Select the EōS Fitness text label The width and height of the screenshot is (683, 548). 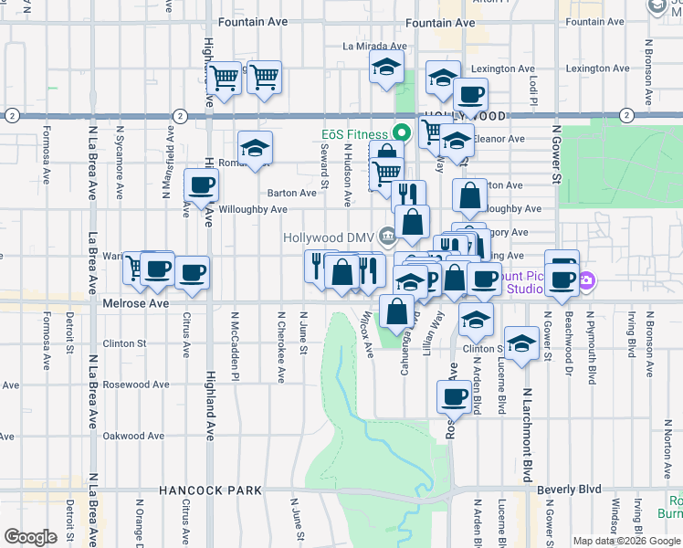point(354,134)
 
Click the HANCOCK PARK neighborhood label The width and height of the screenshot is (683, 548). point(210,490)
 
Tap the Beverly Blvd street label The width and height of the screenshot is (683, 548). point(569,490)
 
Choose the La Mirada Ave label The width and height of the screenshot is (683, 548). point(374,46)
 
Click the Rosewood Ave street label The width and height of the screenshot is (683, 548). point(136,385)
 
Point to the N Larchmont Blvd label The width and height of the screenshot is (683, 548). point(527,433)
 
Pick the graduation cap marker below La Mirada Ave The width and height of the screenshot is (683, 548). point(387,67)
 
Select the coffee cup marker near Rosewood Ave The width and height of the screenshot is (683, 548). point(454,396)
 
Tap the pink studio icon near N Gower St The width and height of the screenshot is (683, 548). point(585,282)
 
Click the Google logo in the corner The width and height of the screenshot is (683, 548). point(30,537)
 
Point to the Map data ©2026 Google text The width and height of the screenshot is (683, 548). point(626,541)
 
